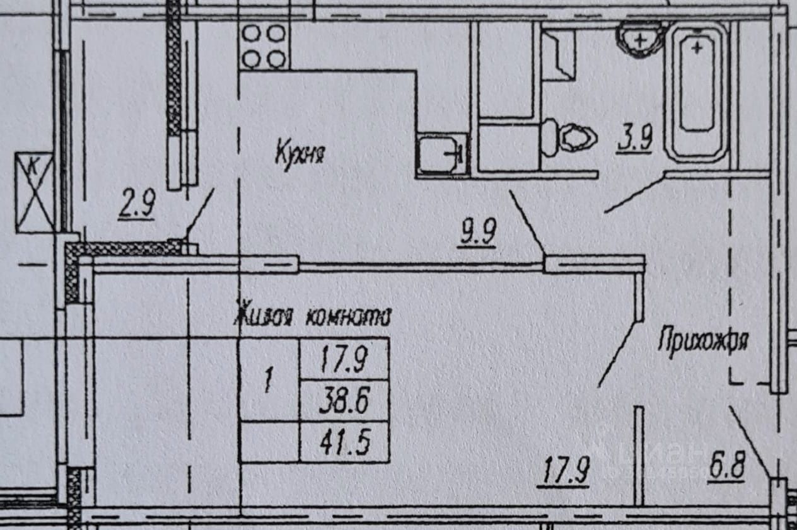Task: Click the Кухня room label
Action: pos(300,154)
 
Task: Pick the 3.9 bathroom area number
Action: pos(634,139)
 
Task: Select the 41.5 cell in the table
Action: pos(344,442)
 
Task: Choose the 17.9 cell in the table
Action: pos(344,360)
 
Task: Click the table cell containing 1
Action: pos(269,381)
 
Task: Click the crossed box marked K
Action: pos(34,192)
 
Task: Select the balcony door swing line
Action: pos(201,212)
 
